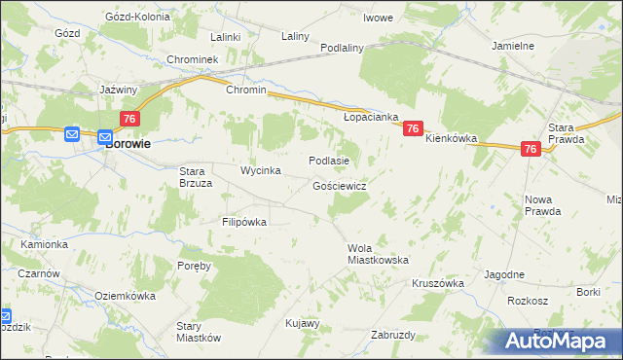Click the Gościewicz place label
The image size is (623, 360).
[x=339, y=185]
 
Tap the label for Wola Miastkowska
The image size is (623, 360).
[x=378, y=254]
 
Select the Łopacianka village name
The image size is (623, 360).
[x=371, y=117]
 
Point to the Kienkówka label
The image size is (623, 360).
[x=451, y=139]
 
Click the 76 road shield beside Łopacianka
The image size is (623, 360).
[x=414, y=128]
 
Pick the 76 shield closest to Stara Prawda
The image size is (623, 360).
[x=530, y=149]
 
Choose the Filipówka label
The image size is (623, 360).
[x=243, y=222]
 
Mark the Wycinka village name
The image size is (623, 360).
[x=261, y=171]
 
